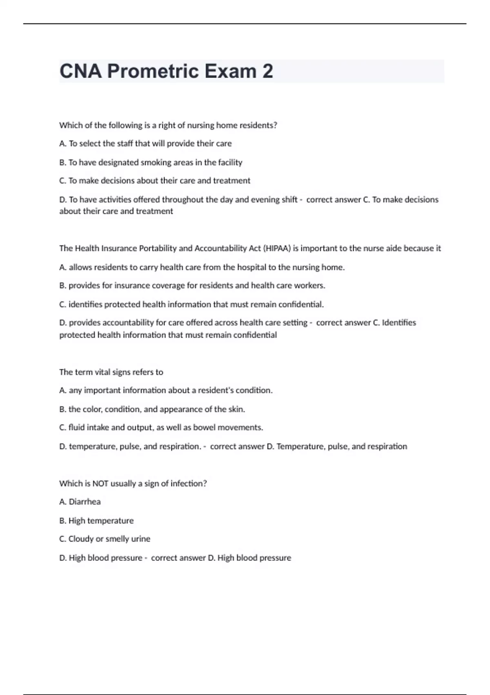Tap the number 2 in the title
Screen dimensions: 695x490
coord(267,71)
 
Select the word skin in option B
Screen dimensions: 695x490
coord(236,409)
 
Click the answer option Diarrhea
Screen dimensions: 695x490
coord(85,502)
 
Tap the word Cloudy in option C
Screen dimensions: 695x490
coord(81,539)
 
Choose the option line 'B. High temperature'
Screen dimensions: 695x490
coord(96,520)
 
